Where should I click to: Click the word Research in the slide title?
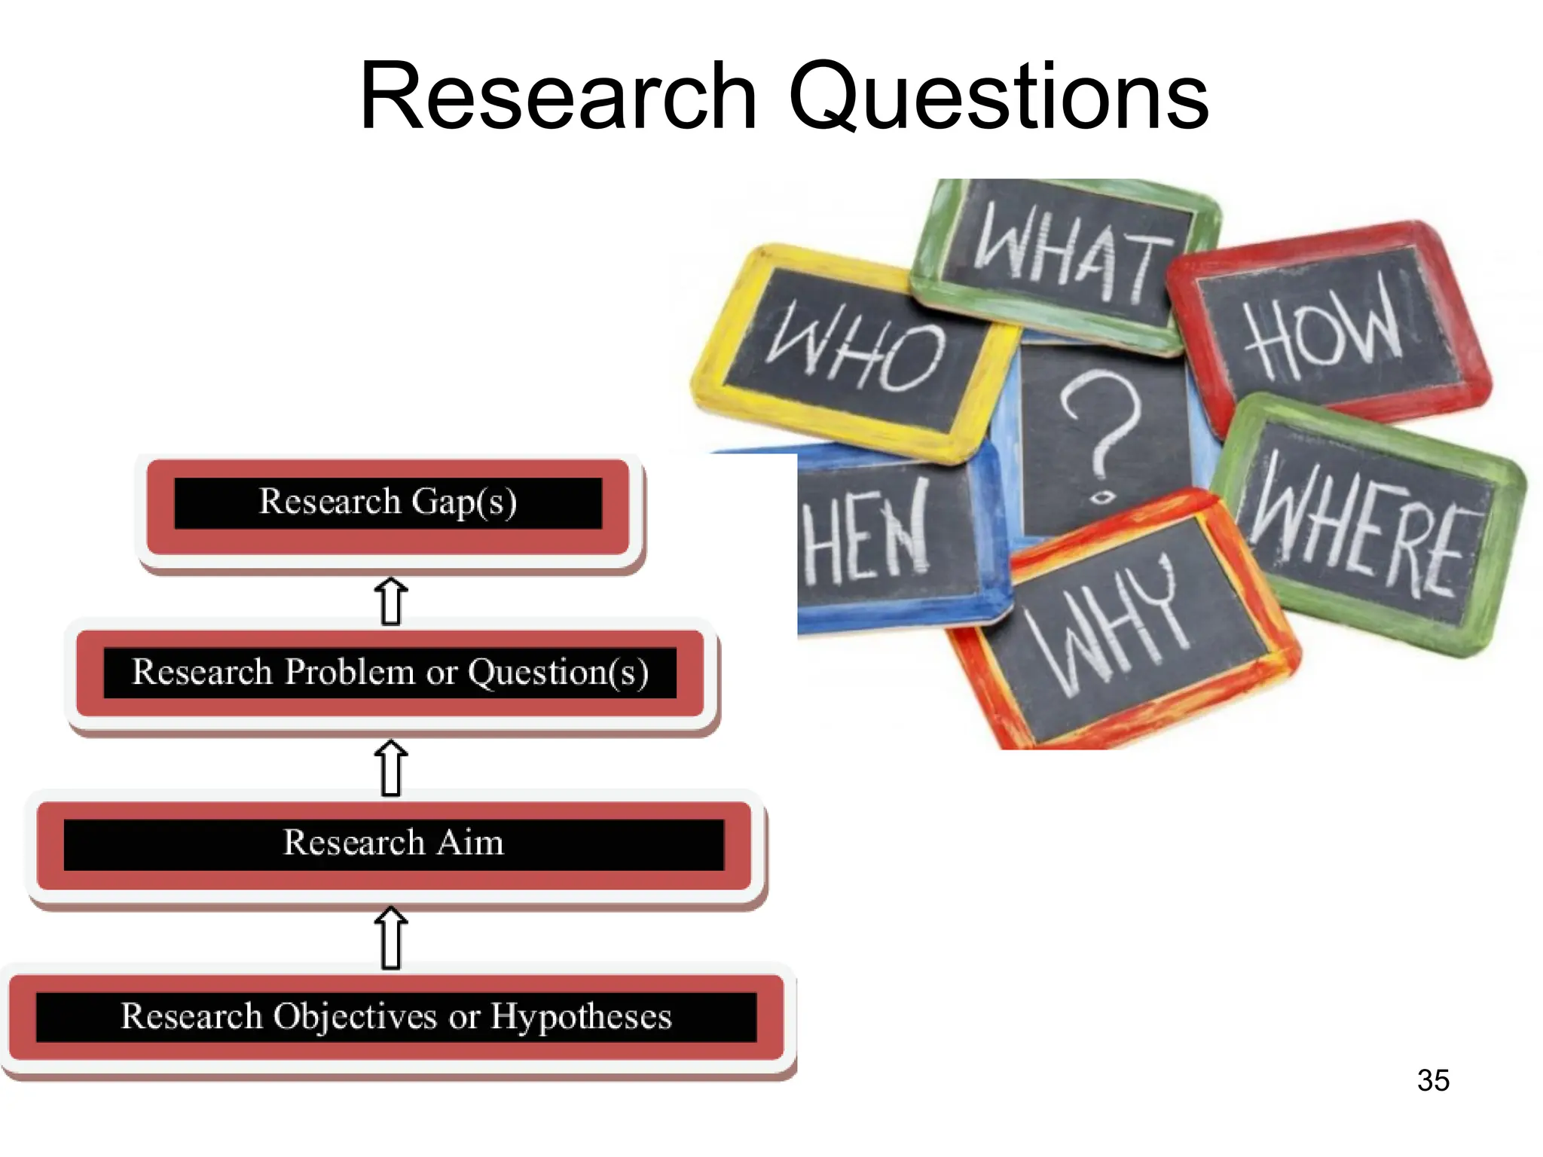(558, 98)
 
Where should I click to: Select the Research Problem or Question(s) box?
(390, 673)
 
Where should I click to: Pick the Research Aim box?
(393, 844)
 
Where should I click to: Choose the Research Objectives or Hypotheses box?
(396, 1017)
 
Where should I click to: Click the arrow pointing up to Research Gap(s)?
(391, 601)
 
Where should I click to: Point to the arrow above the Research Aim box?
(391, 768)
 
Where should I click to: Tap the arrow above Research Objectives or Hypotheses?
(391, 937)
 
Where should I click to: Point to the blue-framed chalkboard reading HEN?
(881, 535)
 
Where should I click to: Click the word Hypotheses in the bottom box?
(581, 1017)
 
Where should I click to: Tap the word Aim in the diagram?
(470, 843)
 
